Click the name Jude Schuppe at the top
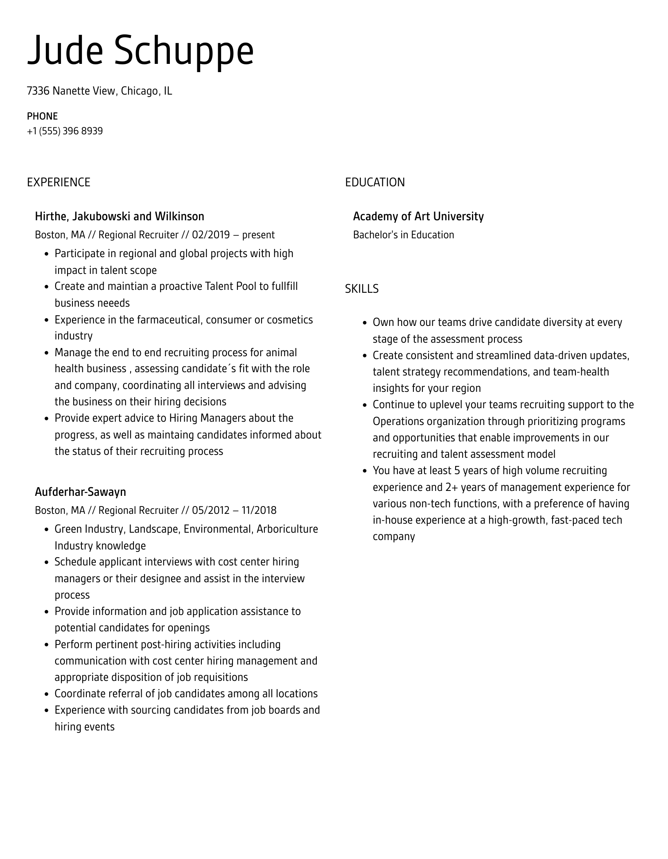pyautogui.click(x=140, y=51)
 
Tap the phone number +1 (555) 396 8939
pyautogui.click(x=65, y=131)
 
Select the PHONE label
pyautogui.click(x=42, y=116)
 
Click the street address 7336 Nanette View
pyautogui.click(x=71, y=91)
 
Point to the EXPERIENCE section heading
pyautogui.click(x=59, y=182)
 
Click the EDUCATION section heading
pyautogui.click(x=375, y=182)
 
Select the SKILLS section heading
pyautogui.click(x=361, y=289)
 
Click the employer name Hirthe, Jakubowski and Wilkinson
pyautogui.click(x=120, y=216)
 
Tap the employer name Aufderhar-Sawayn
pyautogui.click(x=80, y=492)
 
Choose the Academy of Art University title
pyautogui.click(x=418, y=216)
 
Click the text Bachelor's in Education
pyautogui.click(x=403, y=235)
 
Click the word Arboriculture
pyautogui.click(x=287, y=529)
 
